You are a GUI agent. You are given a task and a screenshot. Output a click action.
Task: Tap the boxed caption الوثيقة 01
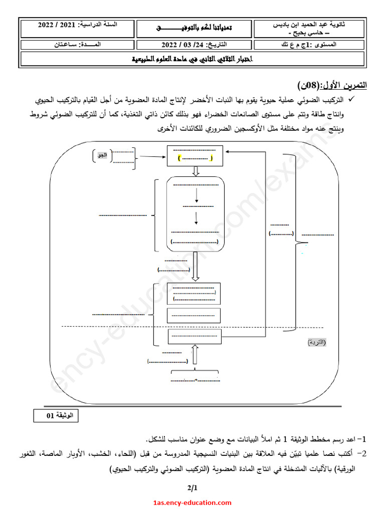pyautogui.click(x=56, y=415)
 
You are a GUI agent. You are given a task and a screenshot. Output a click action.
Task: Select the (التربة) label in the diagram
pyautogui.click(x=316, y=342)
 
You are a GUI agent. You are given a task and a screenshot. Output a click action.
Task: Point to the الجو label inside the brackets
pyautogui.click(x=102, y=156)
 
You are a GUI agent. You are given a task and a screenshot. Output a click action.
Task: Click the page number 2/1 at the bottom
pyautogui.click(x=192, y=487)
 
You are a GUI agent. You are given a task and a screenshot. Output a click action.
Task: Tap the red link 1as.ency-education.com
pyautogui.click(x=192, y=502)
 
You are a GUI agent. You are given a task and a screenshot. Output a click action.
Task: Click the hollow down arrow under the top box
pyautogui.click(x=197, y=171)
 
